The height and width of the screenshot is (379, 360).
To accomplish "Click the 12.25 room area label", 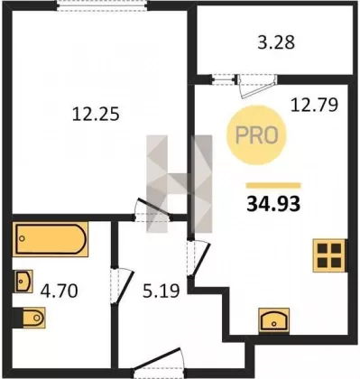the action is [96, 115].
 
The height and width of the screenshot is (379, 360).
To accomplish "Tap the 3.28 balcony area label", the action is [276, 42].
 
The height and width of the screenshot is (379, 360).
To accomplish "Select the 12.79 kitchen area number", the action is [314, 105].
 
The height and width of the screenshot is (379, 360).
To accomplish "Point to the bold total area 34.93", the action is [273, 204].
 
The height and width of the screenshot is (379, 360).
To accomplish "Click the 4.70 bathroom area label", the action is [60, 291].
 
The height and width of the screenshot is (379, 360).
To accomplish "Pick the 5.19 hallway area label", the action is [162, 291].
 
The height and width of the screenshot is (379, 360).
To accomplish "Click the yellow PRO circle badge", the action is [256, 135].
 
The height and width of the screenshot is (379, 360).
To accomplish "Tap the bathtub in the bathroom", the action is [51, 239].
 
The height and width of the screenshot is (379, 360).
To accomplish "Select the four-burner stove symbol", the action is [330, 255].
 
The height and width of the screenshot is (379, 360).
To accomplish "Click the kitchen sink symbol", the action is [274, 320].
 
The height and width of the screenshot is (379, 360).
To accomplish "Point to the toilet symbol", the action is [29, 318].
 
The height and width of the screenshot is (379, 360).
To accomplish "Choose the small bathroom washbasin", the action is [23, 282].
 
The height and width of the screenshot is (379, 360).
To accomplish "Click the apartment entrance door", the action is [159, 362].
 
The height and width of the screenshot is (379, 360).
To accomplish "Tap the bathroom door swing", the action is [123, 286].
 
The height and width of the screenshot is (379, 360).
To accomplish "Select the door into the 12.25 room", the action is [152, 210].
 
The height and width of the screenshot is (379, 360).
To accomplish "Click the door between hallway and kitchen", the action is [198, 258].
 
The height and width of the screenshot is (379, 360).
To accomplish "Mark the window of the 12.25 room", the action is [102, 5].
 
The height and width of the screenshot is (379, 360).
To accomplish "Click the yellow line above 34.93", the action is [273, 186].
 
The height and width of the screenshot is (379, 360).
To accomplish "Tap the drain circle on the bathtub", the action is [22, 238].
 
